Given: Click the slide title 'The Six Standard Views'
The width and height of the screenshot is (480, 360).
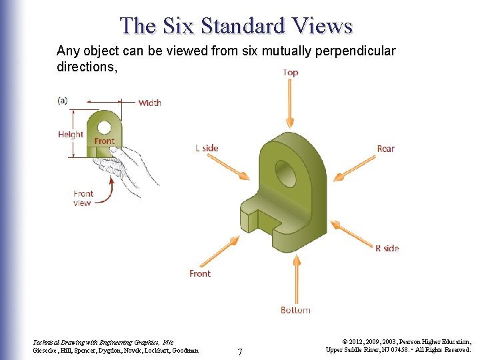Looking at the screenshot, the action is [x=236, y=25].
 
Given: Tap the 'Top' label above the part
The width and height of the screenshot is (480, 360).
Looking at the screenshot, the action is [x=291, y=72].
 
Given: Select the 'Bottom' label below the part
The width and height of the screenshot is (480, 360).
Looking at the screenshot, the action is [x=295, y=310].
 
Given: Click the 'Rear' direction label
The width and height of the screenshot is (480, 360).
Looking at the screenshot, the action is [x=385, y=149].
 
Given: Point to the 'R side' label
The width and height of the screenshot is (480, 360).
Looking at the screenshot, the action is [x=387, y=248].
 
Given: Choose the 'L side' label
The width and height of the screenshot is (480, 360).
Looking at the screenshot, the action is [x=207, y=148].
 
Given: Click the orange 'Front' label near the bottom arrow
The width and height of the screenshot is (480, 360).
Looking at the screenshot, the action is [x=200, y=273].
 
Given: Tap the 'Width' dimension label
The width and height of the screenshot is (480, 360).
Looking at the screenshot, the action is [x=149, y=103].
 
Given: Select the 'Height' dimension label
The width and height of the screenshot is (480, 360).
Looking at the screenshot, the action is [x=71, y=134].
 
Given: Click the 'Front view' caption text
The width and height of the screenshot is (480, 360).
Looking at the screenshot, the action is [x=83, y=198].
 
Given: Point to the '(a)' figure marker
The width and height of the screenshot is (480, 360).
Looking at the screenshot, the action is [x=62, y=100].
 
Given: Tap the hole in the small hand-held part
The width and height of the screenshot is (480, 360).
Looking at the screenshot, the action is [x=104, y=127].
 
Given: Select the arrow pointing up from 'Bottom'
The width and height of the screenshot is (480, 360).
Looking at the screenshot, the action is [x=294, y=280].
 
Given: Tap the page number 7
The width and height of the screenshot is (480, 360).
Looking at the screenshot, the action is [x=240, y=351].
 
